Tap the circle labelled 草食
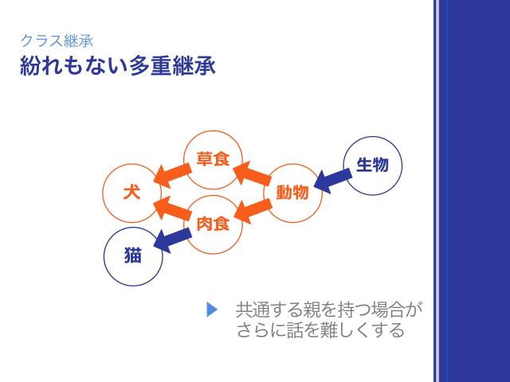(213, 159)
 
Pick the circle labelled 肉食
(213, 224)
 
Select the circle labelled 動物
(292, 193)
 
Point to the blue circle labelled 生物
(372, 165)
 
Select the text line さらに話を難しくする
(320, 329)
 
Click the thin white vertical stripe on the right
(436, 191)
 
